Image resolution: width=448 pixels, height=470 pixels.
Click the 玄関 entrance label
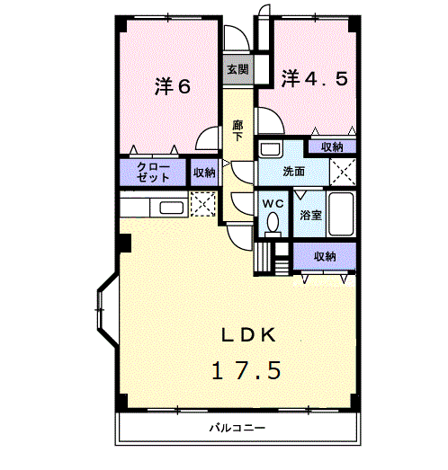237,69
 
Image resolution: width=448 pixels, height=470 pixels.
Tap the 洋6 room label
173,86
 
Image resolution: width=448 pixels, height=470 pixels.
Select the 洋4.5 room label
315,78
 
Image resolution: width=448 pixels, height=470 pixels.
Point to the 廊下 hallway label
237,130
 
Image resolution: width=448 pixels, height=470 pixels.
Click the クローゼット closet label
153,173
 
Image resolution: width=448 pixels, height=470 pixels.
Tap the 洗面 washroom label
293,172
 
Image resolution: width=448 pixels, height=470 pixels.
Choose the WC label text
273,204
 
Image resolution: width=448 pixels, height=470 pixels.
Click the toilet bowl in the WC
273,223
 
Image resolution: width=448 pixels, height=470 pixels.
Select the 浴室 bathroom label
310,215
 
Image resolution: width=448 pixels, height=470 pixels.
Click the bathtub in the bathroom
341,214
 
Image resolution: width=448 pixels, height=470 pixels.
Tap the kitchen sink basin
171,208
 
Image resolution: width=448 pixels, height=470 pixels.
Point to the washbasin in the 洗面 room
271,148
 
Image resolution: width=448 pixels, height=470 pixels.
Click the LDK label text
248,335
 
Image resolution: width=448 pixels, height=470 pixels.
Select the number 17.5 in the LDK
246,370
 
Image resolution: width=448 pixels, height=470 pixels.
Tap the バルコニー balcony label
237,428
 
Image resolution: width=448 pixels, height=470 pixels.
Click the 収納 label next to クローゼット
204,173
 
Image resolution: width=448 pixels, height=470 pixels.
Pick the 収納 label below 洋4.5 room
332,147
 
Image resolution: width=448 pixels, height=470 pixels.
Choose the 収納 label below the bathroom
325,256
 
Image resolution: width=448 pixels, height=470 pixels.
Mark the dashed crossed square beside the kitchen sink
203,204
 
